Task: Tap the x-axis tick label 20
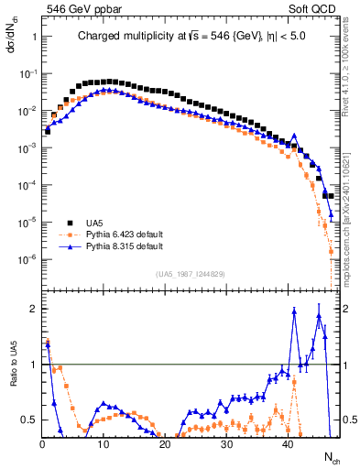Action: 165,445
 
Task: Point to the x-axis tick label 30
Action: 226,445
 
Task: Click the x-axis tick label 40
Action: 288,445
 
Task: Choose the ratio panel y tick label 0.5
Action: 27,420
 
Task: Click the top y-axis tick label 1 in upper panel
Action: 33,36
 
